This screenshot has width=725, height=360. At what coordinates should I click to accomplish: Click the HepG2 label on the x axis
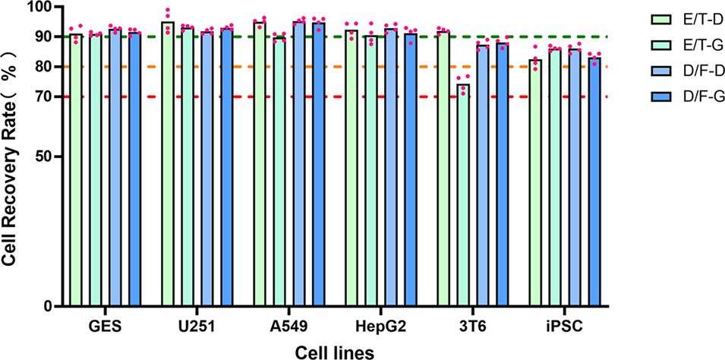[x=381, y=327]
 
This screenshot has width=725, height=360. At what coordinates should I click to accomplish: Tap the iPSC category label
[x=565, y=327]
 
